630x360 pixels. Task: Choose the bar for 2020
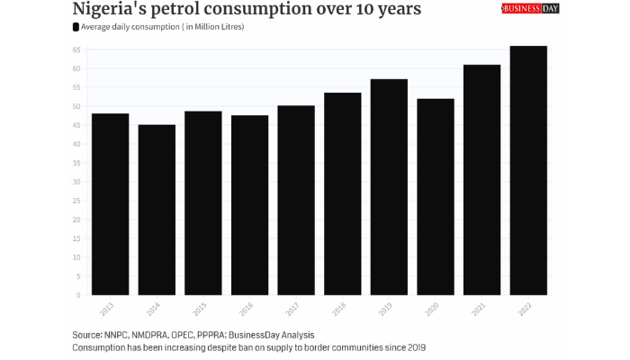[x=435, y=197]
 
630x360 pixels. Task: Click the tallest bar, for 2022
[x=528, y=170]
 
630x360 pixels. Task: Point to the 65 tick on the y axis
[x=78, y=49]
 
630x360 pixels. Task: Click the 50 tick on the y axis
[x=78, y=106]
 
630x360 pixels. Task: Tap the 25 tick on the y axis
[x=78, y=201]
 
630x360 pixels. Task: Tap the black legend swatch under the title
[x=76, y=27]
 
